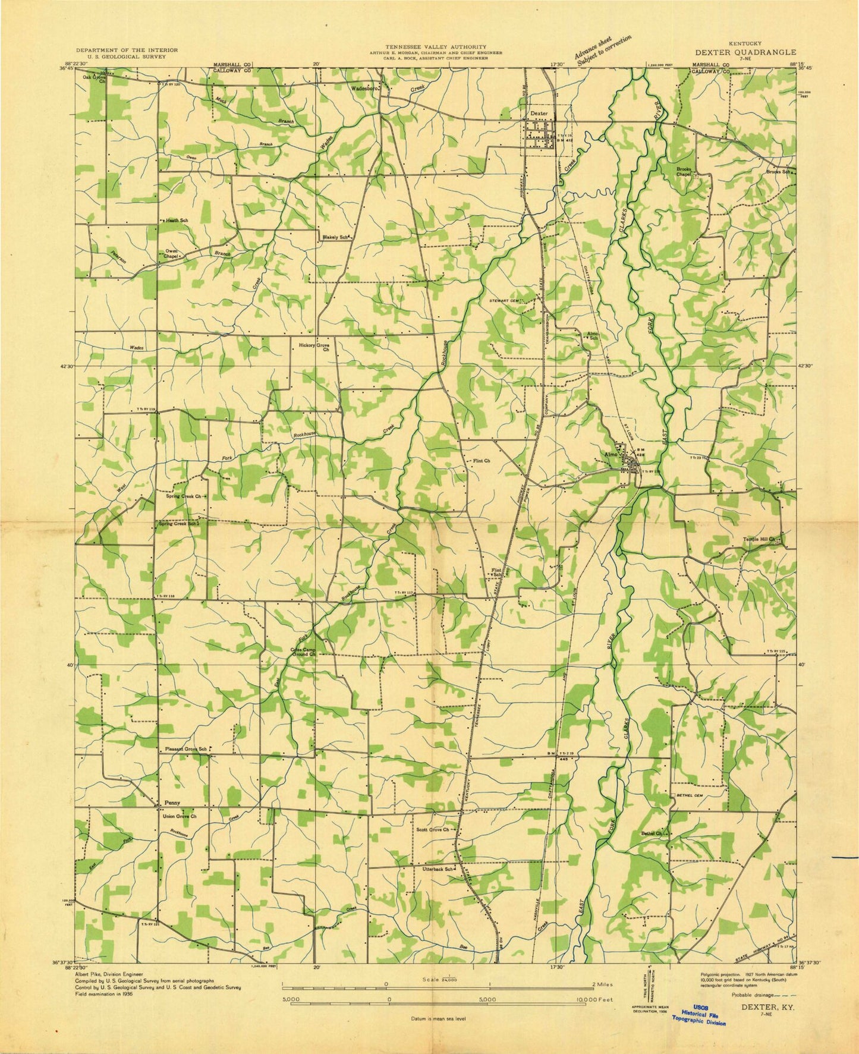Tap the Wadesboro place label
coord(365,88)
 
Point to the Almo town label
coord(609,454)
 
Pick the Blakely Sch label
coord(334,237)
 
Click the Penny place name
coord(171,802)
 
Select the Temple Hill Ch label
coord(759,539)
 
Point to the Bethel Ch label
coord(651,833)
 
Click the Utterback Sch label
coord(435,869)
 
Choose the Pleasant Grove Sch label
coord(186,749)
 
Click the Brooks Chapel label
coord(684,172)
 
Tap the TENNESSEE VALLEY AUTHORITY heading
coord(436,46)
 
